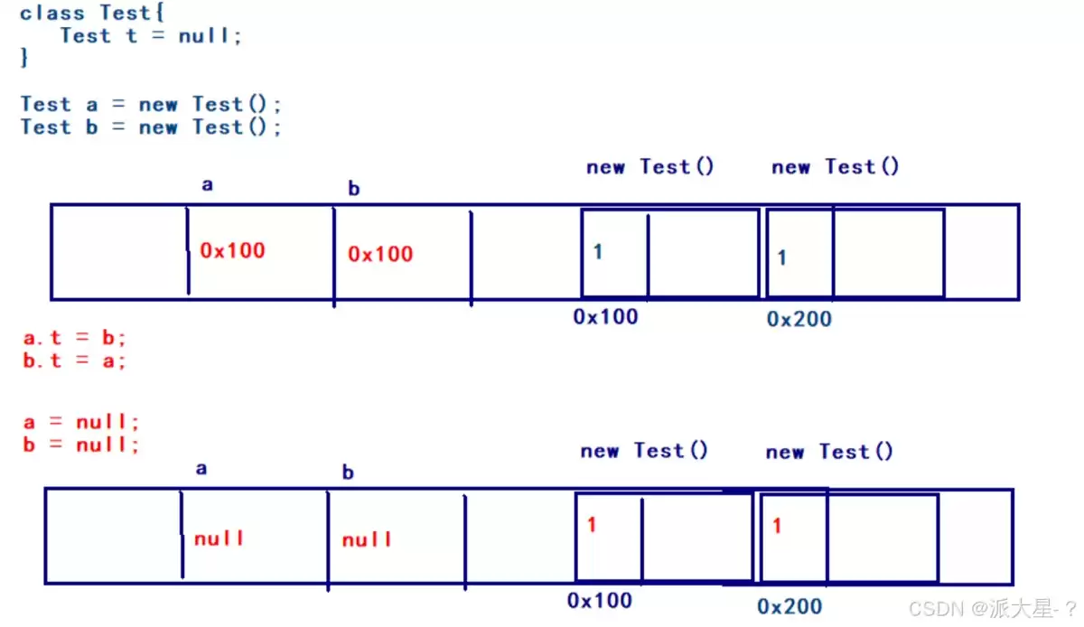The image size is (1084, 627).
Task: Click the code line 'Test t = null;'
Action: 151,36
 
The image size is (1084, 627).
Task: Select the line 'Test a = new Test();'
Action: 151,104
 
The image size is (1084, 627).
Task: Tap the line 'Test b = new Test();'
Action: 151,127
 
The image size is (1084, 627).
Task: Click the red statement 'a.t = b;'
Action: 74,338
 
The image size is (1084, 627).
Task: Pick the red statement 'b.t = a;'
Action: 74,360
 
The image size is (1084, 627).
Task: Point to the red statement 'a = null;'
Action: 80,422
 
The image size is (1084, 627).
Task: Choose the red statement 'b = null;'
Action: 80,444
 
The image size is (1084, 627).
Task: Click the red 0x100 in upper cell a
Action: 232,250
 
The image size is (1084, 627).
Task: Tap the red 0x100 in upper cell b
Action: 380,254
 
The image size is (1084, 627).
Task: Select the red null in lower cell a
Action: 219,538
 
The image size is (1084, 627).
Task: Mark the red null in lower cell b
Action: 367,539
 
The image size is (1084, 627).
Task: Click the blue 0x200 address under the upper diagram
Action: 799,319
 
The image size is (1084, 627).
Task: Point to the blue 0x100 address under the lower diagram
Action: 600,601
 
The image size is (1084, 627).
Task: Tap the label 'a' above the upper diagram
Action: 207,184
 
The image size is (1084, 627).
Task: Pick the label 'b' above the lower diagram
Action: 348,472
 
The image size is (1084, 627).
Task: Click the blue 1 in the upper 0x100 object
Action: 598,252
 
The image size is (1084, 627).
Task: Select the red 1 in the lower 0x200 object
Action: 777,525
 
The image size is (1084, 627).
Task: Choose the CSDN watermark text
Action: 992,609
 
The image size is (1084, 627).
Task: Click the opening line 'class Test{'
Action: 92,13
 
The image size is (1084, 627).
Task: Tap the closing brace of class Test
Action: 24,58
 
